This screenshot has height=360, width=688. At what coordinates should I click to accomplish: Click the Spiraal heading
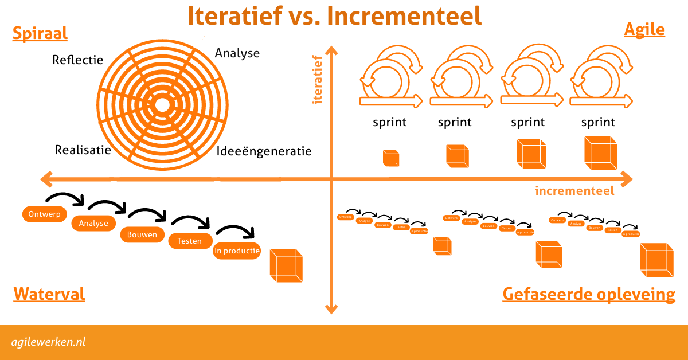coord(40,33)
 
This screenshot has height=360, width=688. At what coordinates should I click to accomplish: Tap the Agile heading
coord(644,29)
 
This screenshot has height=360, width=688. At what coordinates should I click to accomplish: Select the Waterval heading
coord(49,294)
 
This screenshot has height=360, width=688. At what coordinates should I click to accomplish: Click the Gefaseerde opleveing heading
coord(589,294)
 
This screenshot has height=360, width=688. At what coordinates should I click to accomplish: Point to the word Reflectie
coord(77,60)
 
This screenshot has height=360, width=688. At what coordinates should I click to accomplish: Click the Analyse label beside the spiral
coord(237,53)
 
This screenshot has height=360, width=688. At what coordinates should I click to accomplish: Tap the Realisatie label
coord(83,150)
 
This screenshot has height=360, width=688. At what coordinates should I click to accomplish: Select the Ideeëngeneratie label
coord(264,151)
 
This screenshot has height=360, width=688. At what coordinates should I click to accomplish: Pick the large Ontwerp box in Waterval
coord(44,214)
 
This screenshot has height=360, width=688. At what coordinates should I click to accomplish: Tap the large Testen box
coord(190,241)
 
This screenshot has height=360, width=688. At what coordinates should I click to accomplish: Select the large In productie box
coord(237,251)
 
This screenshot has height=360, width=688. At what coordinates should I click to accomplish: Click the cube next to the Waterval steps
coord(286,265)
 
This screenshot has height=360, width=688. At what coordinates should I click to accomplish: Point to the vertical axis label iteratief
coord(316,80)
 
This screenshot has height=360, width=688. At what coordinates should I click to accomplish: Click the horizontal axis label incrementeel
coord(574,191)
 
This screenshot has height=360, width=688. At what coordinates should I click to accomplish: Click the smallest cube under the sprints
coord(391,158)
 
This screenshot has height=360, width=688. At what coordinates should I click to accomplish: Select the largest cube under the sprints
coord(600,153)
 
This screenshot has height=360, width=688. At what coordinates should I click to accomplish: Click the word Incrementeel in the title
coord(404,16)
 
